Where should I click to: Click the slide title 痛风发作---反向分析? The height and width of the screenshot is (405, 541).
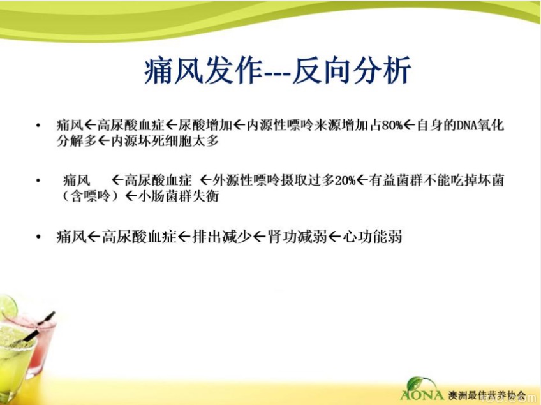278,71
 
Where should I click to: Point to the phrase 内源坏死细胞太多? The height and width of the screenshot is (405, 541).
165,141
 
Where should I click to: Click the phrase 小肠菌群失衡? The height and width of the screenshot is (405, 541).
179,196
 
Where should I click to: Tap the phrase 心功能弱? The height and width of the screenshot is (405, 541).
372,237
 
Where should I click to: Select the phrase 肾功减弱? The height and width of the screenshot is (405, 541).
297,237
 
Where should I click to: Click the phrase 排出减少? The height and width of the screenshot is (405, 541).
222,237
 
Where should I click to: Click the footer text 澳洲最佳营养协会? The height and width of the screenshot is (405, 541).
487,395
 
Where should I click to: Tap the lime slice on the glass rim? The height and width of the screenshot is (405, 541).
8,306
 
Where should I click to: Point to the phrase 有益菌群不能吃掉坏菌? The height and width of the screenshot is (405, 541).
436,180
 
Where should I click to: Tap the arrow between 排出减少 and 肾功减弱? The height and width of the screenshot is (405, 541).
260,237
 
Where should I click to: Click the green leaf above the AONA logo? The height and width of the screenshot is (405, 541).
418,383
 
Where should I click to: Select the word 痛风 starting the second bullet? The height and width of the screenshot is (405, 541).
77,180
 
